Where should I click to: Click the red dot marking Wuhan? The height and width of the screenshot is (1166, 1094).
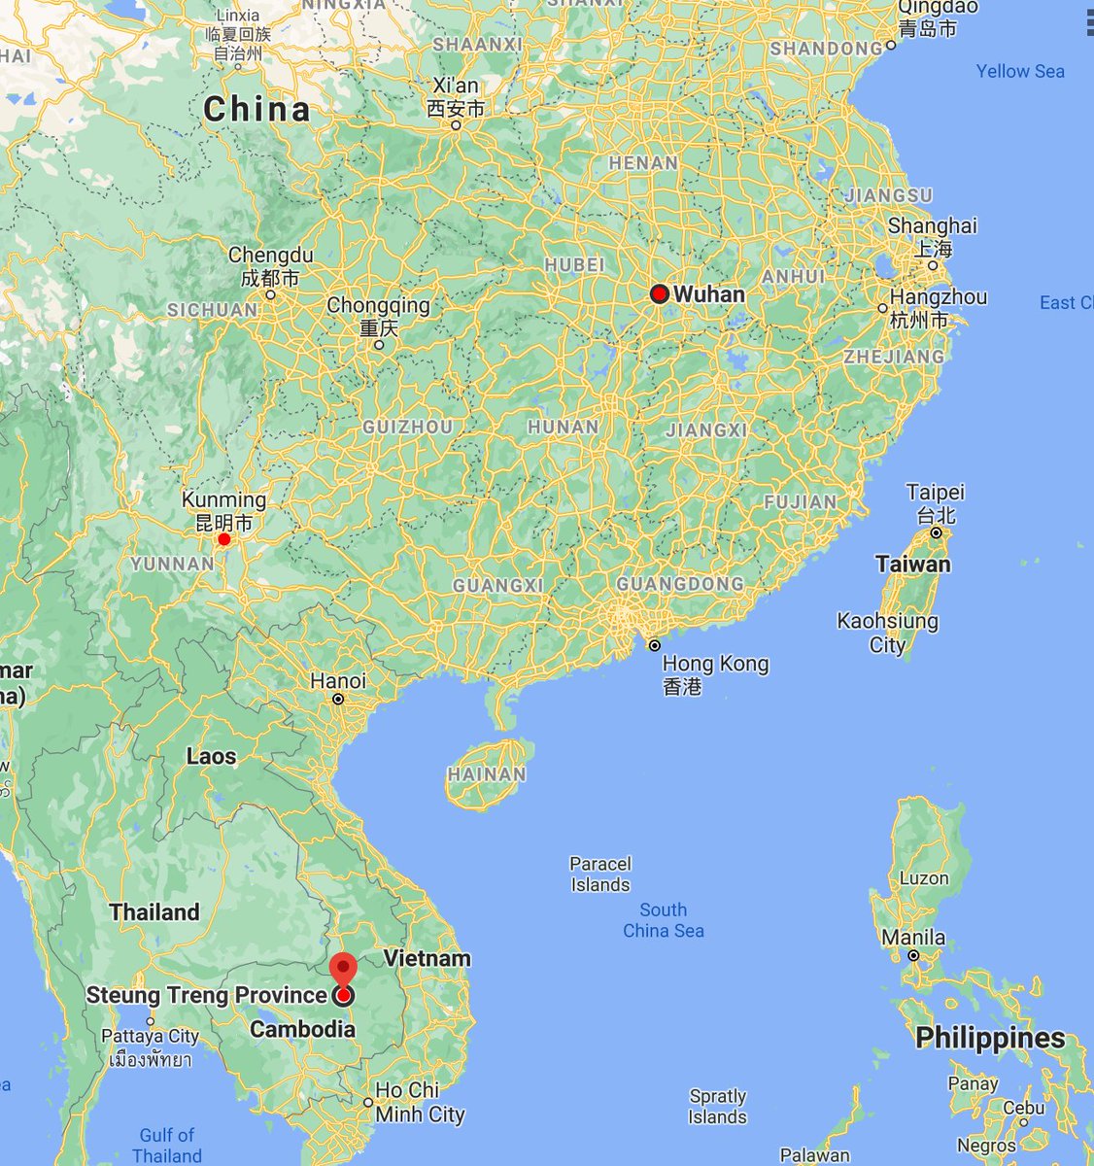click(660, 293)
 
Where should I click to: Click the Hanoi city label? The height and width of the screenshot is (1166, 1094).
click(338, 681)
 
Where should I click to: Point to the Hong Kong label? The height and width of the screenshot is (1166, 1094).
click(715, 665)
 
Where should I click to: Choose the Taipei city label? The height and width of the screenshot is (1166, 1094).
click(935, 492)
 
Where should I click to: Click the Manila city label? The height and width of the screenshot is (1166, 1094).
click(913, 938)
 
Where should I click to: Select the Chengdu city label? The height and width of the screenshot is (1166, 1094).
click(271, 256)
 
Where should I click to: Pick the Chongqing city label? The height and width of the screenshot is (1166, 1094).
click(378, 305)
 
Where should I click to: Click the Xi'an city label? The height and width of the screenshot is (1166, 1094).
click(456, 86)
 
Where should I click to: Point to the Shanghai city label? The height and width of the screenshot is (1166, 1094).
click(933, 225)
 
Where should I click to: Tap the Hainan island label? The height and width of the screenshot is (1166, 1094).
click(487, 774)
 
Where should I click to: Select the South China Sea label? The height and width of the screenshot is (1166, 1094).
click(664, 920)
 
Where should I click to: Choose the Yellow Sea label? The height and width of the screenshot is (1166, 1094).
click(1020, 71)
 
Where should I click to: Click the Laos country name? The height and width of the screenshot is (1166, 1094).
click(212, 756)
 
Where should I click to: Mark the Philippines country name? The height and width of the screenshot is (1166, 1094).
click(990, 1038)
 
